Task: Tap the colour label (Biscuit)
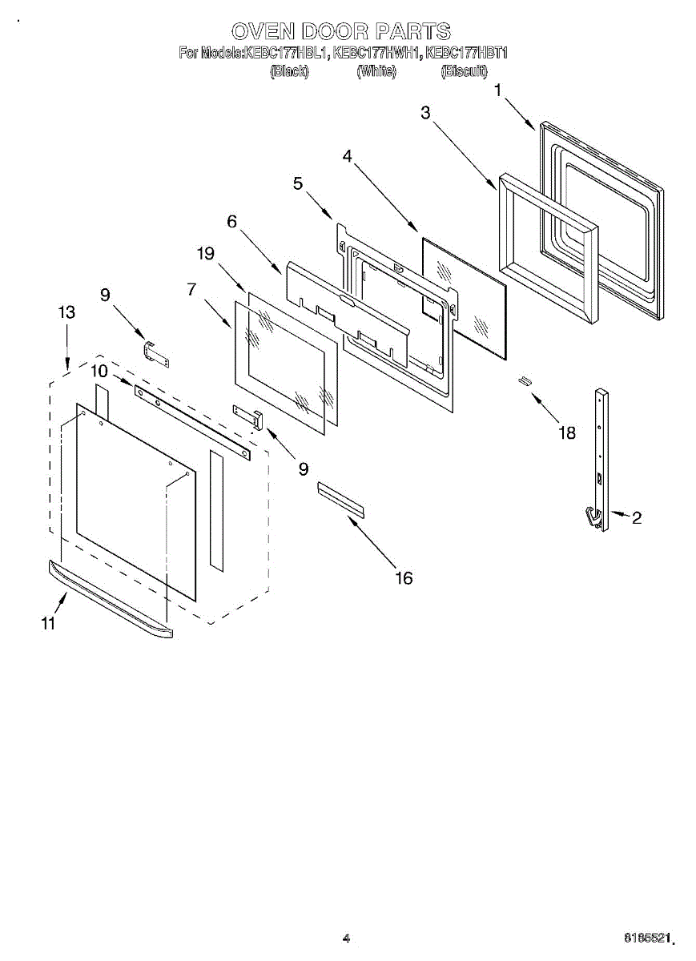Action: (x=464, y=72)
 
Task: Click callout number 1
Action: (x=498, y=90)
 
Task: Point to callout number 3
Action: (x=425, y=113)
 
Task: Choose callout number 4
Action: (x=347, y=156)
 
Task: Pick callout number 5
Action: (x=298, y=183)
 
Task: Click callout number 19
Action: (x=205, y=254)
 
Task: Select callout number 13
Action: (x=67, y=312)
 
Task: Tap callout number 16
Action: (x=404, y=577)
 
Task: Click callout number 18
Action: (x=567, y=432)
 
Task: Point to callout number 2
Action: (x=636, y=518)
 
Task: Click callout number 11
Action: (x=49, y=624)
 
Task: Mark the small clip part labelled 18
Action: (x=525, y=380)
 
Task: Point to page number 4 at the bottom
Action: (x=346, y=938)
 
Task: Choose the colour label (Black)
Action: (x=289, y=72)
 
